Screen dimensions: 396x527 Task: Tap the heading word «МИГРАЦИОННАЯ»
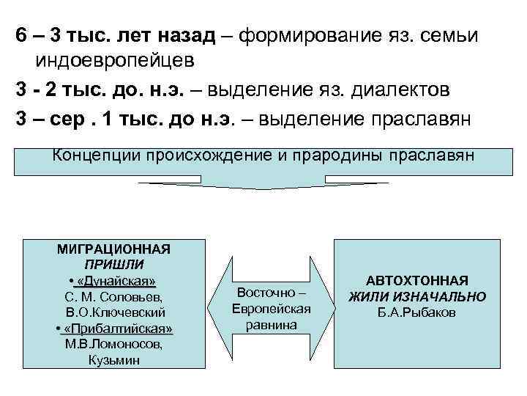tap(113, 249)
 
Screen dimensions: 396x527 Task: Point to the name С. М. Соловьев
tap(113, 296)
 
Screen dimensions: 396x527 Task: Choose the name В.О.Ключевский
tap(113, 312)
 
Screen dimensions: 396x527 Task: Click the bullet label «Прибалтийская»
tap(117, 328)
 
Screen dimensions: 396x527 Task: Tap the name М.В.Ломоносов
tap(113, 343)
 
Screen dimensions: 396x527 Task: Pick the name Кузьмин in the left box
tap(113, 359)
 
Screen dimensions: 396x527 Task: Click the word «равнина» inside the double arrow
tap(271, 323)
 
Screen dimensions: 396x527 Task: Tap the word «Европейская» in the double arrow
tap(272, 308)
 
